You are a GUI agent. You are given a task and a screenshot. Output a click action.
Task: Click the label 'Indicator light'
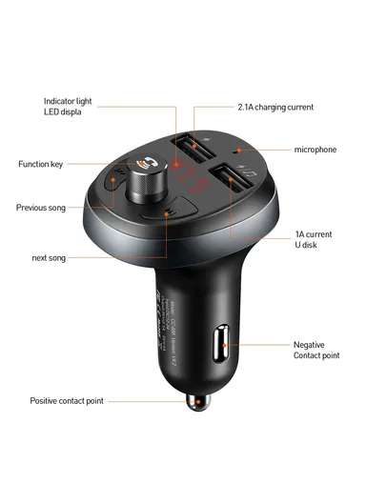68,100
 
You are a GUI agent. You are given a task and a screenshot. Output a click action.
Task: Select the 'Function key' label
40,165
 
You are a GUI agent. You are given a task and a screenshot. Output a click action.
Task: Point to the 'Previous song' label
42,207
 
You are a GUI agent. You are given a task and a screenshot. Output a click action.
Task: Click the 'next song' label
49,258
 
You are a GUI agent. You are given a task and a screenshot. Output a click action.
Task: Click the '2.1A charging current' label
274,107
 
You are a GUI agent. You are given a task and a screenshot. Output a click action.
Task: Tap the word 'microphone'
315,150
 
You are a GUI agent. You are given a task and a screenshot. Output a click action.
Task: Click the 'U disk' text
308,246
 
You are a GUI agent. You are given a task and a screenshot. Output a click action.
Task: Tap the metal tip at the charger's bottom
196,405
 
